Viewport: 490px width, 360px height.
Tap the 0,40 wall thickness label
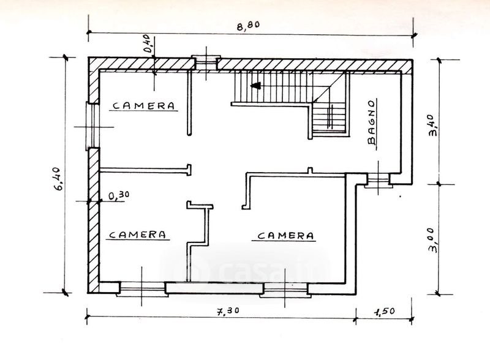point(148,45)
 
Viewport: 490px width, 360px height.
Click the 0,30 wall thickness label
point(120,195)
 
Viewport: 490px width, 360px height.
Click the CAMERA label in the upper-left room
point(144,105)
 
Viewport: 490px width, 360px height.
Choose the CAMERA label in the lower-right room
point(286,235)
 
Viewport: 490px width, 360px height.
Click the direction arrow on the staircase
point(255,86)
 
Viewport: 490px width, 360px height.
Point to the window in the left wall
point(91,126)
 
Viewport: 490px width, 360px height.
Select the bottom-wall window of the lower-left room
point(141,285)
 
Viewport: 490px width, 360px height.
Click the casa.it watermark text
point(245,269)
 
